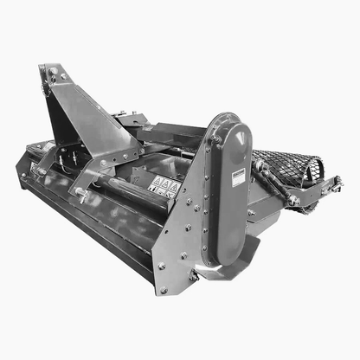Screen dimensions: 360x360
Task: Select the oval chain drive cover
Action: click(233, 186)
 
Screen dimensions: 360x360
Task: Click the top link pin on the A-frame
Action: click(53, 75)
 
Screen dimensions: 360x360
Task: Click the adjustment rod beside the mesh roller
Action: click(275, 183)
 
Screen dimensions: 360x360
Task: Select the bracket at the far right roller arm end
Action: click(333, 183)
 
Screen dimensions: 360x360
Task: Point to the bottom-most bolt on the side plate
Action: click(164, 290)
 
